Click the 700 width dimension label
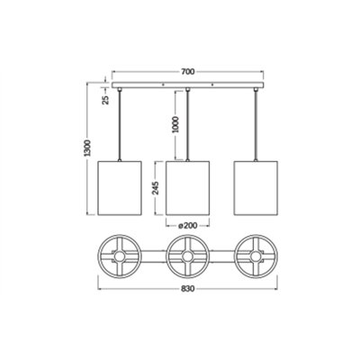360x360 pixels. [188, 71]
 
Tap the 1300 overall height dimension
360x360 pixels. [87, 148]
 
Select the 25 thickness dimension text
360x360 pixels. [106, 100]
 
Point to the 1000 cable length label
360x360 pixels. [175, 124]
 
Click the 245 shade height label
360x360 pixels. [156, 188]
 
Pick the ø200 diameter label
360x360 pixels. [188, 225]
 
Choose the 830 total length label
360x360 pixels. [188, 289]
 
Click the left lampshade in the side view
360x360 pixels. [120, 188]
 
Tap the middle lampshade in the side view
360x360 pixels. [187, 188]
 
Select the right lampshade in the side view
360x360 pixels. [256, 188]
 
